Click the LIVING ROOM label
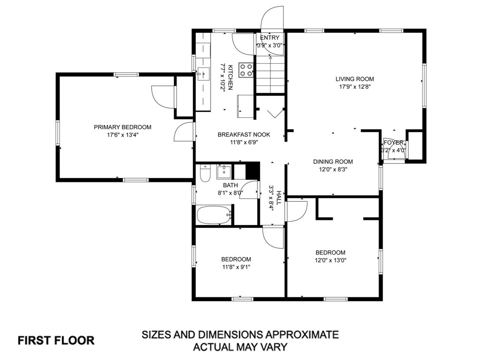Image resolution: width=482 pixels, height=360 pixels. [x=355, y=79]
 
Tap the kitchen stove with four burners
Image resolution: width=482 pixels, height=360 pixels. [x=246, y=70]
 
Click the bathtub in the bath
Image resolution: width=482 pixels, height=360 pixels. [x=214, y=215]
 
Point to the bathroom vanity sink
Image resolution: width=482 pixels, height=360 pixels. [x=224, y=172]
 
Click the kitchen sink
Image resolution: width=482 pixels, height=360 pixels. [x=203, y=74]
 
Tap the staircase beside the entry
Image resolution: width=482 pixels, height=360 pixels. [x=270, y=75]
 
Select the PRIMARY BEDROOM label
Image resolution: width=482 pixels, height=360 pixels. [x=122, y=127]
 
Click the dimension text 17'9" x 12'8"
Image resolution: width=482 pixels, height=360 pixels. [x=355, y=86]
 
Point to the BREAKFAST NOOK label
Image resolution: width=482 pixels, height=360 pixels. [x=244, y=134]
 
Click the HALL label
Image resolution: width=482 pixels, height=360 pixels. [x=279, y=198]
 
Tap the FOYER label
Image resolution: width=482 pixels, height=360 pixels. [x=394, y=143]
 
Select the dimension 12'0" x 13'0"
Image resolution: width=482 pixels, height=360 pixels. [x=330, y=260]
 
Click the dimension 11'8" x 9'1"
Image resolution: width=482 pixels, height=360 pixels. [x=236, y=267]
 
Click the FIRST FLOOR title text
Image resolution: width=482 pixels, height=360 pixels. [x=56, y=341]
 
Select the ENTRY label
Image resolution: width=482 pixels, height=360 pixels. [x=270, y=38]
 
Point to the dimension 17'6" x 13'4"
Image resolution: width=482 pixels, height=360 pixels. [x=122, y=135]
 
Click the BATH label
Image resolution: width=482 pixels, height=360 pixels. [x=230, y=185]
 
